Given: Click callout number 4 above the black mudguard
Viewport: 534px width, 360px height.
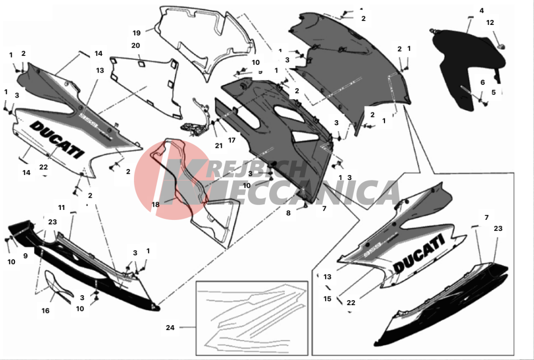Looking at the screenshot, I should point(481,11).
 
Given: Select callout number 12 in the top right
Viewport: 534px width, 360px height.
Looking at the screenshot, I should point(490,23).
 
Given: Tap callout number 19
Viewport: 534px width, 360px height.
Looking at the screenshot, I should point(136,32).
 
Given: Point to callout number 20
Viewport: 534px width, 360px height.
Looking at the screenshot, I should point(135,45).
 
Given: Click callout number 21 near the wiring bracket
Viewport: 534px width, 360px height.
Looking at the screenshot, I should point(219,146).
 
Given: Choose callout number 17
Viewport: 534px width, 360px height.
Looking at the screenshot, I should point(232,140).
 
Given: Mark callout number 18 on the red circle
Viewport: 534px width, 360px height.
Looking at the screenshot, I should point(156,204).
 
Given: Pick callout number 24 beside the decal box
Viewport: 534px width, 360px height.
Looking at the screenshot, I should point(170,328).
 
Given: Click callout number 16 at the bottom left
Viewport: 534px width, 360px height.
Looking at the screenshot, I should point(45,311).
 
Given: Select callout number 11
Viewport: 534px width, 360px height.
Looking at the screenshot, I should point(61,207).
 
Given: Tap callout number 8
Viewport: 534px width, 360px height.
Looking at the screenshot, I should point(288,213).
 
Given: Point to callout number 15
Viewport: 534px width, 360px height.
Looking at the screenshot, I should point(327,299).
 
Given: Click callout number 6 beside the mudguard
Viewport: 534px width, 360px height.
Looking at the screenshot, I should point(482,82).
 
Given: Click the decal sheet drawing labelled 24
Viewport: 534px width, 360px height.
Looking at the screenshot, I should point(252,316).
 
